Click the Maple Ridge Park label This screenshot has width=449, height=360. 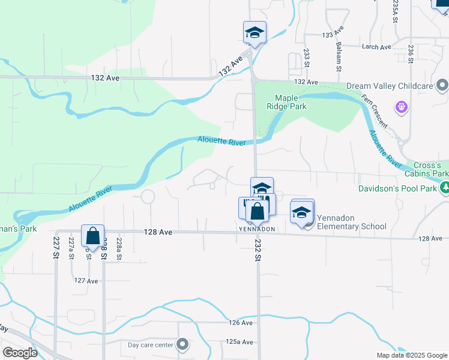(x=291, y=102)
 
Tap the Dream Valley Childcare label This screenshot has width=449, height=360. (x=390, y=86)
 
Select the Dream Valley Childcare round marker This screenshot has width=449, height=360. (x=442, y=86)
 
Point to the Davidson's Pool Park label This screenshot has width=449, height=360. (x=396, y=188)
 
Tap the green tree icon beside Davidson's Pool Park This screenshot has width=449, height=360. (x=444, y=188)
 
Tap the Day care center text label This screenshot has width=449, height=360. (x=151, y=345)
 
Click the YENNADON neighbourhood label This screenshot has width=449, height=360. (x=257, y=229)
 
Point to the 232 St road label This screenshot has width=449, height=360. (x=258, y=249)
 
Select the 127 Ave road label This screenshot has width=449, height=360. (x=86, y=280)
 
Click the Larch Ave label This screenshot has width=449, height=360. (x=376, y=47)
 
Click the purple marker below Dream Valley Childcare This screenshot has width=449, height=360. (x=402, y=107)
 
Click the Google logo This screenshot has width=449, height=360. (x=20, y=353)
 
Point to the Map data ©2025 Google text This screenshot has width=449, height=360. (x=411, y=355)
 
